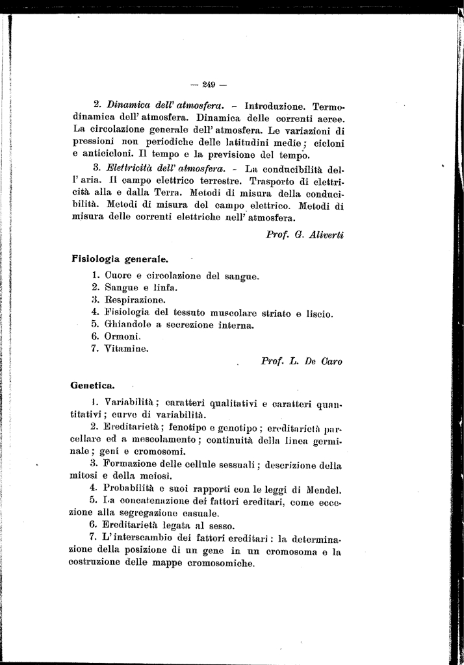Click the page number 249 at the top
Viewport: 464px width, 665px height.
click(x=208, y=83)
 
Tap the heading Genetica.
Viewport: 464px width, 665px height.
click(x=93, y=386)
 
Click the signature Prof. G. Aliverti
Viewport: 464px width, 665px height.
click(x=305, y=234)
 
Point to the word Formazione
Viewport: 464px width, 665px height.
click(x=135, y=465)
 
